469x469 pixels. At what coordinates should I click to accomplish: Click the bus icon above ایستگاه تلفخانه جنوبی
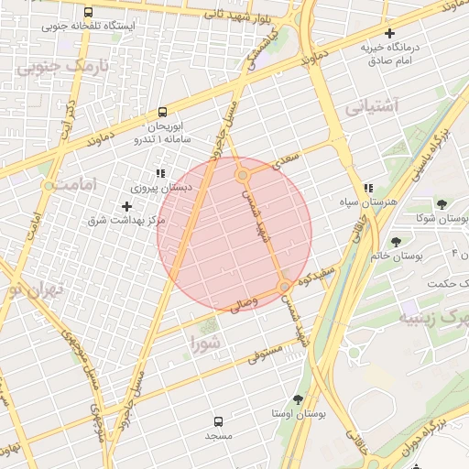[87, 13]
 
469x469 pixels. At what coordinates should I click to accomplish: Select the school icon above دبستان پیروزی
[161, 173]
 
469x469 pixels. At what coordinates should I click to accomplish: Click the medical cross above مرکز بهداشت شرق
[126, 207]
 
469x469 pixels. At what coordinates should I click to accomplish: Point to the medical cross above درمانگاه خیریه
[389, 32]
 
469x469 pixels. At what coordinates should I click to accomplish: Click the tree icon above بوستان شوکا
[442, 205]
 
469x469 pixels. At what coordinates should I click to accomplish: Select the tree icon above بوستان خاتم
[396, 243]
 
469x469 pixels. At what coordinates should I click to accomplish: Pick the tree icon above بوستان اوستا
[298, 399]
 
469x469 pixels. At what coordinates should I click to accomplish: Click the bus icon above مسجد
[218, 421]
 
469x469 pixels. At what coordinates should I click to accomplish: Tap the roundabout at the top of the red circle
[243, 174]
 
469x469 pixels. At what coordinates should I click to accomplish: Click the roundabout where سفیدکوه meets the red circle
[285, 286]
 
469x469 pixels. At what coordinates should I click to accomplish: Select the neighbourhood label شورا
[204, 343]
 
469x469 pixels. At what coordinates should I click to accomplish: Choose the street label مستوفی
[265, 350]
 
